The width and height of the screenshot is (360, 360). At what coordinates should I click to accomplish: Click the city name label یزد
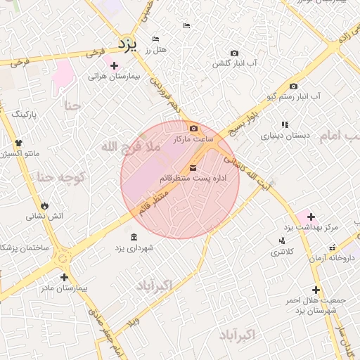click(127, 44)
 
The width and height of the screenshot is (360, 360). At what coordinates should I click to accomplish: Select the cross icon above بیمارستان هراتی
click(114, 65)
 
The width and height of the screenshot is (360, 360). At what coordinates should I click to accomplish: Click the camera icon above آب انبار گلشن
click(234, 53)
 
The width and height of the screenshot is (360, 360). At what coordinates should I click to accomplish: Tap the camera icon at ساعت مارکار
click(195, 128)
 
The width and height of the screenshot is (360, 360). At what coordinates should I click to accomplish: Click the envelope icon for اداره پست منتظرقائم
click(193, 167)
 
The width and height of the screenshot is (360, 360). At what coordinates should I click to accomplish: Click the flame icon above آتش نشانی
click(45, 205)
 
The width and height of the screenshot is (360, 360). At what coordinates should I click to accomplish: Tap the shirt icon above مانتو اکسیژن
click(19, 143)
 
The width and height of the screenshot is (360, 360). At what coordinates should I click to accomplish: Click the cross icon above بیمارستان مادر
click(65, 277)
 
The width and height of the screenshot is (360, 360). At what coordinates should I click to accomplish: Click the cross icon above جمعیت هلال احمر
click(316, 289)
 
